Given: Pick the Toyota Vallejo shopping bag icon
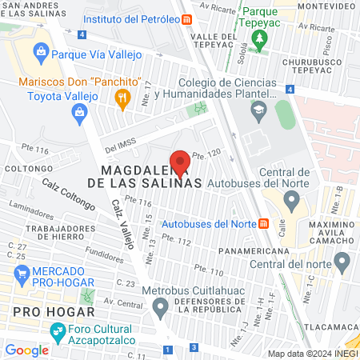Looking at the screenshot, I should pyautogui.click(x=80, y=113).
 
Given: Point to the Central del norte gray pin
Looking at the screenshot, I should pyautogui.click(x=342, y=262).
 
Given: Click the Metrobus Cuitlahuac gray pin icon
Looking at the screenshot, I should pyautogui.click(x=161, y=305).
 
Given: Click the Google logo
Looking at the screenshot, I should pyautogui.click(x=27, y=350).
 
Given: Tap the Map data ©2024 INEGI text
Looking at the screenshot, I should pyautogui.click(x=312, y=353).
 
